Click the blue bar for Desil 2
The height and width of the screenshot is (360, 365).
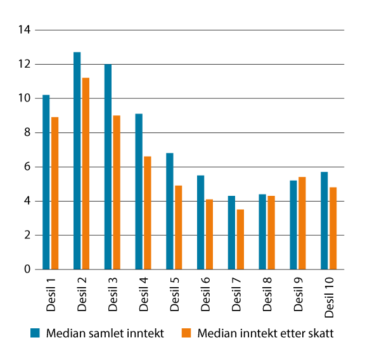pyautogui.click(x=77, y=161)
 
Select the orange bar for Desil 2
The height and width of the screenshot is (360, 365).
pyautogui.click(x=86, y=174)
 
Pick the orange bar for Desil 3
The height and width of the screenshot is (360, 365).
pyautogui.click(x=117, y=193)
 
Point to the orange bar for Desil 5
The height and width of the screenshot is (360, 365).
pyautogui.click(x=179, y=228)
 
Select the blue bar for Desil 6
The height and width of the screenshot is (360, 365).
pyautogui.click(x=200, y=222)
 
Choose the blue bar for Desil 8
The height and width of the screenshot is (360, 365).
pyautogui.click(x=262, y=232)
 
